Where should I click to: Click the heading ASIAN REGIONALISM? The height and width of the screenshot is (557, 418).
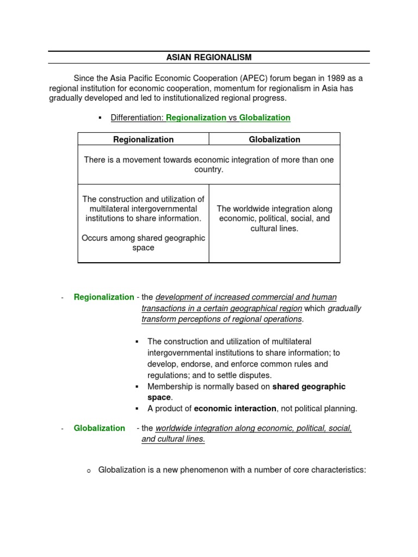pyautogui.click(x=209, y=57)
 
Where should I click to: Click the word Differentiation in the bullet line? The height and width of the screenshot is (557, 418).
pyautogui.click(x=137, y=117)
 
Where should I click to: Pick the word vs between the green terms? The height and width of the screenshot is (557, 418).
pyautogui.click(x=233, y=117)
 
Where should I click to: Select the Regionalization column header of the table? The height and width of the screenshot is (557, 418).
pyautogui.click(x=143, y=139)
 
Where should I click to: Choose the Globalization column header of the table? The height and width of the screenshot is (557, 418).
pyautogui.click(x=274, y=139)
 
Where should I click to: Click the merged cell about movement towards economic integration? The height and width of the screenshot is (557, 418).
pyautogui.click(x=209, y=165)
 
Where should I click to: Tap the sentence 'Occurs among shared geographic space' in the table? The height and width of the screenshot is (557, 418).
pyautogui.click(x=143, y=243)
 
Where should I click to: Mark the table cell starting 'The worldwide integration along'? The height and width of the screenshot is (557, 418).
pyautogui.click(x=274, y=219)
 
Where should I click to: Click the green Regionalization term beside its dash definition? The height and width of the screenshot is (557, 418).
pyautogui.click(x=104, y=297)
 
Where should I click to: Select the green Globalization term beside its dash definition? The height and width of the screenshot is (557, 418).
pyautogui.click(x=100, y=428)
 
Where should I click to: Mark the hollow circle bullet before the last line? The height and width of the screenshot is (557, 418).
pyautogui.click(x=89, y=470)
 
